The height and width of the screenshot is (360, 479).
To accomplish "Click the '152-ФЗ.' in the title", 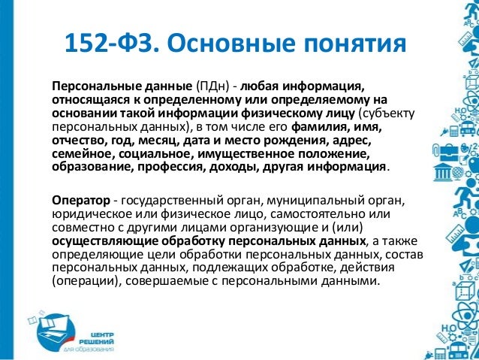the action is point(113,43).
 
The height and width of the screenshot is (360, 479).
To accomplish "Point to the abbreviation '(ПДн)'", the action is point(213,86).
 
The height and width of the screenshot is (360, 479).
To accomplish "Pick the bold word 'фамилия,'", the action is point(320,127).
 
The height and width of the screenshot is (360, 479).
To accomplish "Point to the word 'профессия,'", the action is point(171,168).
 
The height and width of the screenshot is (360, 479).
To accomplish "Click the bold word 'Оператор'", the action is point(81,201).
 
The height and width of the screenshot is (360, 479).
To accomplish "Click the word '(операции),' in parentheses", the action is point(86,281).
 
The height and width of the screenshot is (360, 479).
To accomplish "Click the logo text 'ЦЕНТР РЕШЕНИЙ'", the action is point(96,338).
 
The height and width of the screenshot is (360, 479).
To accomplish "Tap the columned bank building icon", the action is point(442,173).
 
